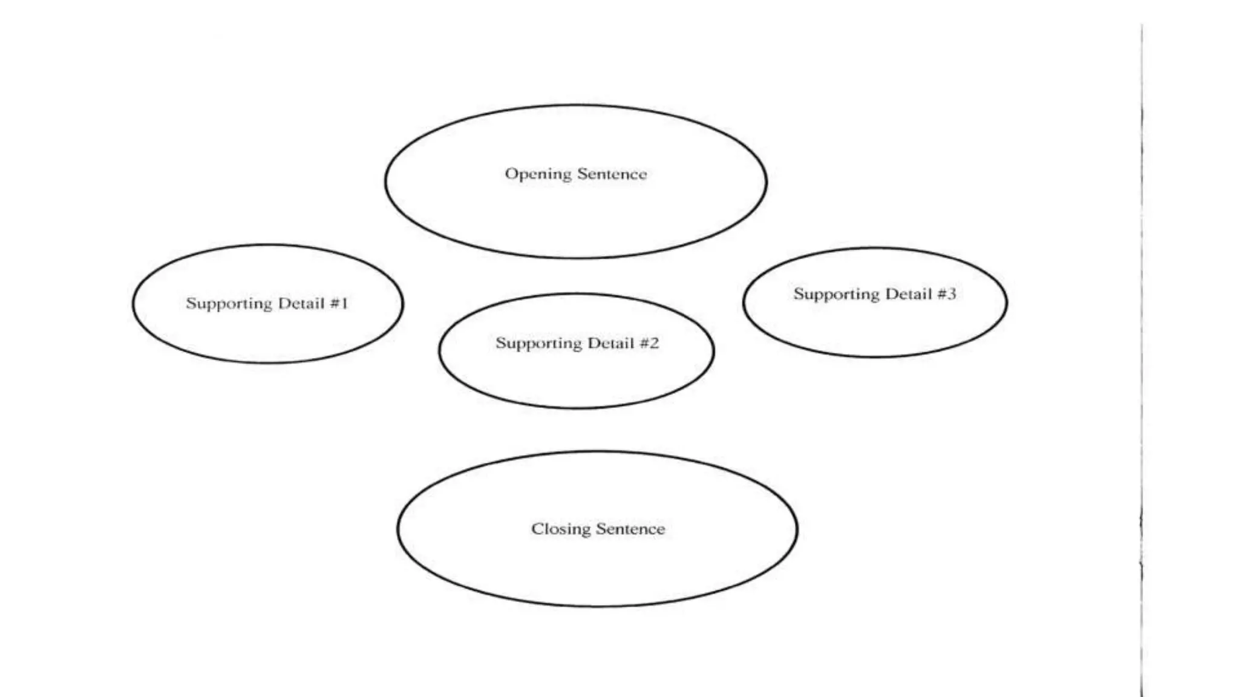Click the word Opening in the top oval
coord(538,175)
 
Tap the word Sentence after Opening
coord(612,174)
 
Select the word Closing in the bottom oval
coord(560,529)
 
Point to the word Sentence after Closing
coord(630,529)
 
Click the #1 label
coord(339,303)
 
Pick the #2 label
coord(649,343)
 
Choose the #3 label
coord(947,294)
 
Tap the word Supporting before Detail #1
coord(229,304)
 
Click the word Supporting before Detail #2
coord(539,344)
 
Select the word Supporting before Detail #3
coord(837,295)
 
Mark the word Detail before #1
coord(301,303)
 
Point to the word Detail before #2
coord(611,343)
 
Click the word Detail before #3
coord(909,294)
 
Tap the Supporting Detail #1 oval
coord(267,333)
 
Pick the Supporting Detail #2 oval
coord(577,375)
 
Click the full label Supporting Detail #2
coord(577,343)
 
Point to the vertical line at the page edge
coord(1142,363)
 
